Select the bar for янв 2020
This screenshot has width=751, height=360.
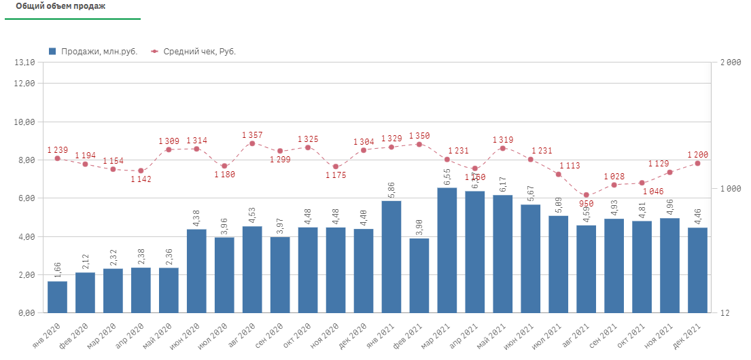click(57, 297)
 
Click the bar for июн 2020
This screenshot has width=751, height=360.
click(196, 271)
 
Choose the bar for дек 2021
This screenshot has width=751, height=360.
click(697, 270)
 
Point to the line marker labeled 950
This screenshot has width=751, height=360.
click(586, 195)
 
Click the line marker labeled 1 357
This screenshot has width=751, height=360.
click(252, 143)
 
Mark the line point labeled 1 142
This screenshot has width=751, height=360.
click(141, 170)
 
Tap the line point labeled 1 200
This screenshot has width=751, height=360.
click(697, 163)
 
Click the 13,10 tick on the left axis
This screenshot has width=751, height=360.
click(24, 62)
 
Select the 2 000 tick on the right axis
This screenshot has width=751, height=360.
click(729, 62)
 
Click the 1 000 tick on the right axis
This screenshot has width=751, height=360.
click(729, 188)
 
